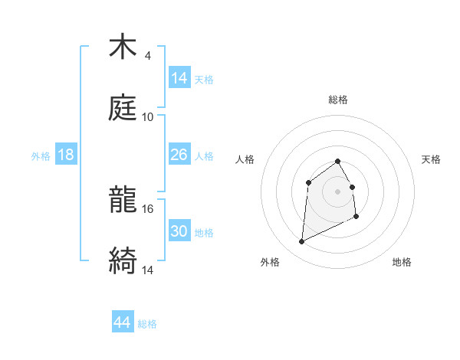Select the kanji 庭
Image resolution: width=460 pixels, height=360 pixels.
point(123,109)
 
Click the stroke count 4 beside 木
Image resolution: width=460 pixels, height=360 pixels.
point(147,56)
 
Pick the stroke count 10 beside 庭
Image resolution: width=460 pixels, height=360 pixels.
point(148,117)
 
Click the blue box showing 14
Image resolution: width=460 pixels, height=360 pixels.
point(179,78)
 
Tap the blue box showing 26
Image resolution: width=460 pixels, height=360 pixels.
point(179,155)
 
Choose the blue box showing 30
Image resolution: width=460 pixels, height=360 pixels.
point(179,231)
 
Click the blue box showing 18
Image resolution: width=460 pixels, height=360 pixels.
point(66,155)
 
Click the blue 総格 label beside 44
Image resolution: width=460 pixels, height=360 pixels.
point(147,324)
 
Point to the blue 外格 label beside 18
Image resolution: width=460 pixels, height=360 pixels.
point(41,156)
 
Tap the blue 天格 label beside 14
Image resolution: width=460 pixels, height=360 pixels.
point(204,80)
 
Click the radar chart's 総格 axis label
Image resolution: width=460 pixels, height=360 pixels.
point(338,100)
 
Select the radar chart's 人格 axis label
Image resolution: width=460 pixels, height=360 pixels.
point(245,159)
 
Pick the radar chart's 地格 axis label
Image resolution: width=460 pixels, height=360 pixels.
point(402,262)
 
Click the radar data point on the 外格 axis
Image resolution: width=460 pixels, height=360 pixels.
point(301,242)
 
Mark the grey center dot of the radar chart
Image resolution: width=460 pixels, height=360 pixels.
point(337,191)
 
